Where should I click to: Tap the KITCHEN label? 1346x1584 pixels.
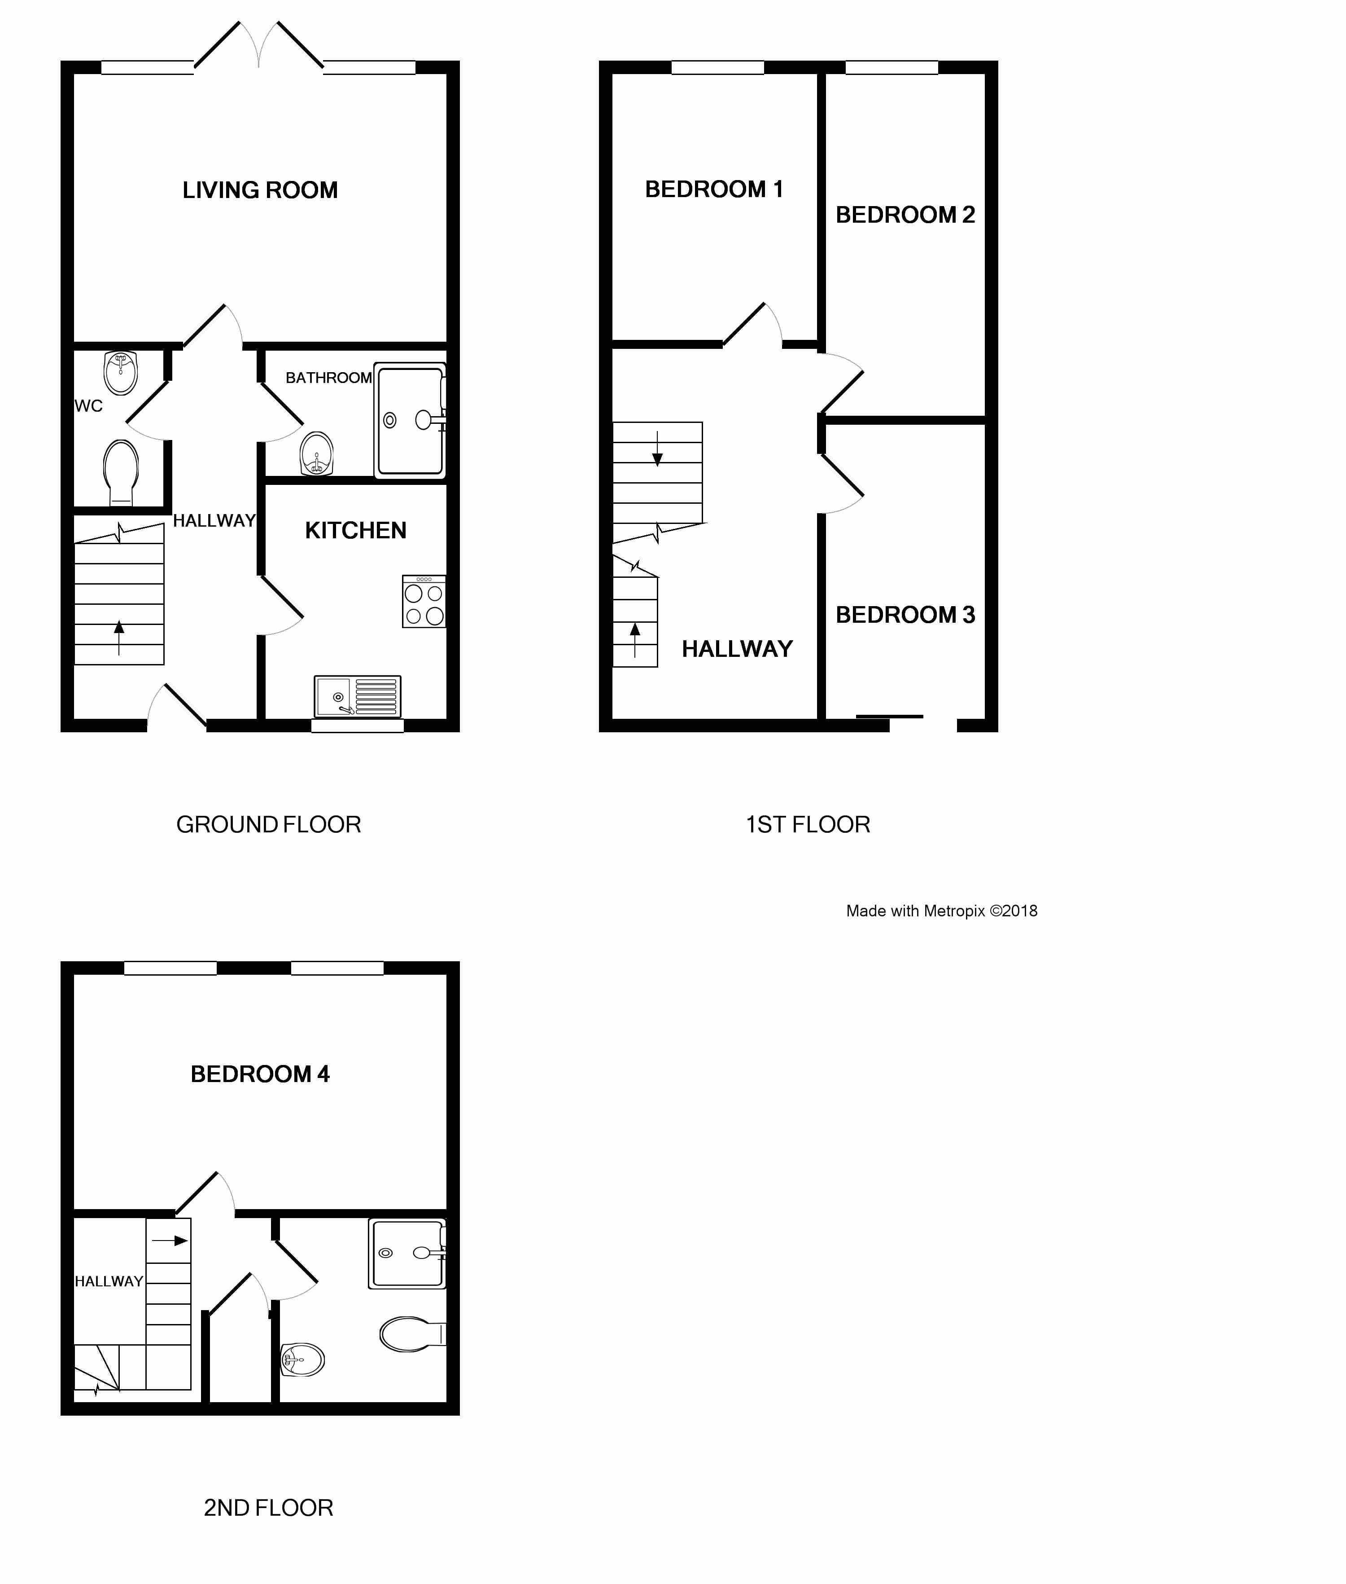coord(356,531)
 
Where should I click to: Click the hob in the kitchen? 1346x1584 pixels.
coord(424,602)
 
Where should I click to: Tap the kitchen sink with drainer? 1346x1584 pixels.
coord(357,696)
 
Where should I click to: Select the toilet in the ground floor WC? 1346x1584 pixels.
coord(121,472)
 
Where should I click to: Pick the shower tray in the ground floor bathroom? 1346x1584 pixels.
coord(410,421)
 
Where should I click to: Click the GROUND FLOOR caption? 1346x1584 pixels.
coord(269,824)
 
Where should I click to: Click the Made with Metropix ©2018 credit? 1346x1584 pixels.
coord(942,911)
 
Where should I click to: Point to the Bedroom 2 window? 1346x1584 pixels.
coord(892,68)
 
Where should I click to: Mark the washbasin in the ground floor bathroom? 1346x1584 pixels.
coord(317,454)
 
